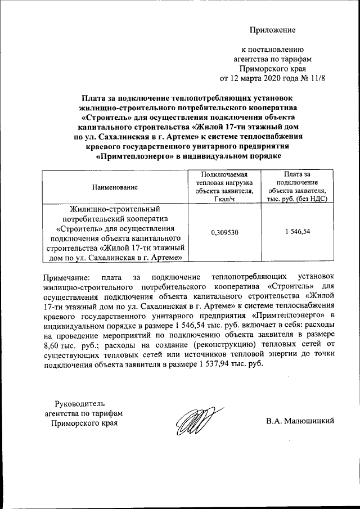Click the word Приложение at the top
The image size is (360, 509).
point(273,29)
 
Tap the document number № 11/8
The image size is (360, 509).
point(313,77)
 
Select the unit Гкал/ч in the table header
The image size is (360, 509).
point(224,199)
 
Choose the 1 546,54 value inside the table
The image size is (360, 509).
point(298,232)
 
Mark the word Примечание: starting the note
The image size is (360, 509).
point(66,277)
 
